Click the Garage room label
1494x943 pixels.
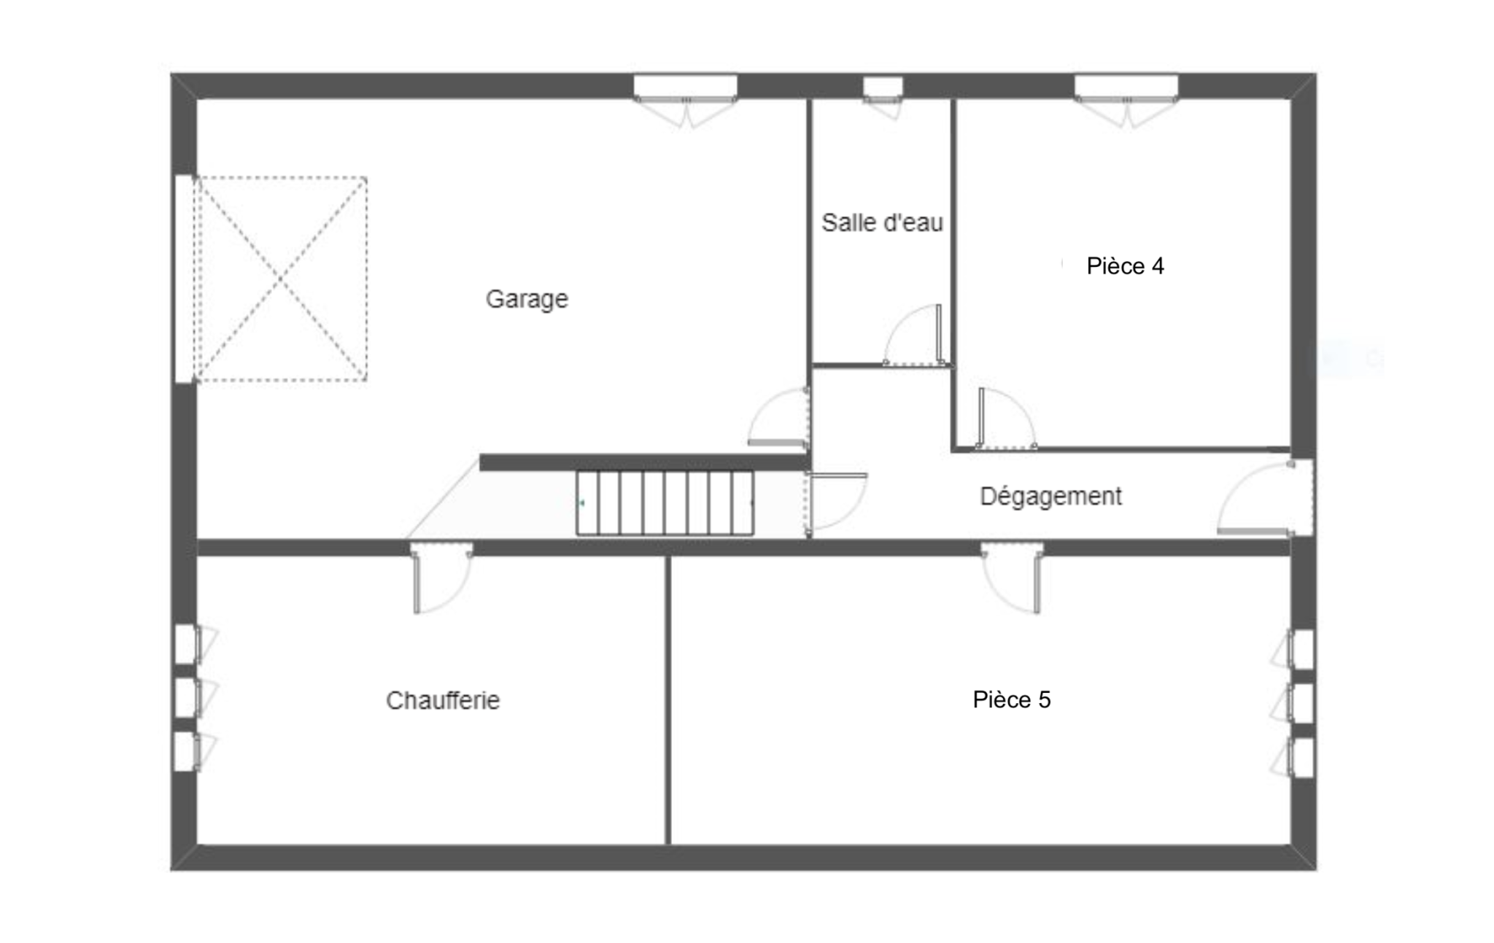tap(527, 299)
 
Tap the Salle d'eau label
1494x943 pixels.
tap(882, 222)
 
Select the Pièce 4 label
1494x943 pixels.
tap(1125, 266)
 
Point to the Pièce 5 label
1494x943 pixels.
tap(1012, 699)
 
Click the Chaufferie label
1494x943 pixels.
tap(443, 700)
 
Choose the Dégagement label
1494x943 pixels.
tap(1050, 496)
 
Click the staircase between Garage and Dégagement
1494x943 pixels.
tap(665, 503)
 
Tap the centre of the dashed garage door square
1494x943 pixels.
tap(280, 279)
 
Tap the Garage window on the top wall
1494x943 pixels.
tap(685, 100)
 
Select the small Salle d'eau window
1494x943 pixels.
tap(883, 96)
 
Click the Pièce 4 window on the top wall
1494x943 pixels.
tap(1126, 100)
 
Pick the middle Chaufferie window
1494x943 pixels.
tap(196, 698)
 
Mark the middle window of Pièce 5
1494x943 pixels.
tap(1293, 703)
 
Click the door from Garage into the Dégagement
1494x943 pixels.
tap(779, 418)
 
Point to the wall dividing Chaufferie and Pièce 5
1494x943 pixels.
tap(667, 700)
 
